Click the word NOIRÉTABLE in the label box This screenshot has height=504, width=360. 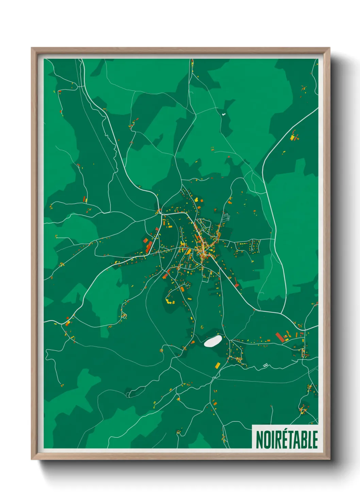click(x=287, y=439)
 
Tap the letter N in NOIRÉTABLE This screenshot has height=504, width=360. click(x=259, y=440)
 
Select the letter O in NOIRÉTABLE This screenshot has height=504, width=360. click(x=266, y=440)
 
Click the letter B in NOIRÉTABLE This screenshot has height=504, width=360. click(x=304, y=440)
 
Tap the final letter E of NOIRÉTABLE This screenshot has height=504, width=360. click(x=315, y=440)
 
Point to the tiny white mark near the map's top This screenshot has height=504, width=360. click(x=224, y=114)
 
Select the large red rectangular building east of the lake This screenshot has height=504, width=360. click(x=280, y=337)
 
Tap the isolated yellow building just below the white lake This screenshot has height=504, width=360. click(x=217, y=365)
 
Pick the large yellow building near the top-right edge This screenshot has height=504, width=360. click(x=293, y=137)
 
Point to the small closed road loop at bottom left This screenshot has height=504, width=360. click(x=130, y=394)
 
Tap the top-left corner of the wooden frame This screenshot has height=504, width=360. click(x=32, y=48)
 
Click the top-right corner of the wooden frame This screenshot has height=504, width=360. click(x=329, y=48)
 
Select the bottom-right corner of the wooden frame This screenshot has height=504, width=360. click(x=329, y=459)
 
